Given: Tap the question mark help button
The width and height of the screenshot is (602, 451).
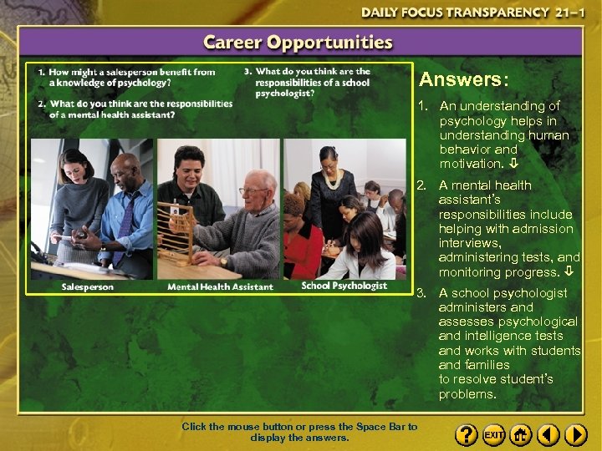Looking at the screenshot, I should (467, 435).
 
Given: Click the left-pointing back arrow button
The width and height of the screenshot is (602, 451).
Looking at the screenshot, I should (548, 435).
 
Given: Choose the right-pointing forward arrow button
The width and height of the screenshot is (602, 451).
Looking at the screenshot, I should (576, 435).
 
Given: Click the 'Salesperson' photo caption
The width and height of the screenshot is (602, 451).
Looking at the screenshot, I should (88, 286).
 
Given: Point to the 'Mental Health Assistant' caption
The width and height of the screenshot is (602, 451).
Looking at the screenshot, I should (220, 286).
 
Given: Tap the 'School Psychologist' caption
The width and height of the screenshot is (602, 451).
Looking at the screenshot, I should (344, 286).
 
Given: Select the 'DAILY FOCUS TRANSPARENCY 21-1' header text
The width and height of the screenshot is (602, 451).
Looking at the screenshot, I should (467, 13).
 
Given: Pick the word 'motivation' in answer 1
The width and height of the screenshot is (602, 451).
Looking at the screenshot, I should (470, 164).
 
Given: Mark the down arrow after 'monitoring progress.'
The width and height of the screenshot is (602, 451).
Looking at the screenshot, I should (568, 272).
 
